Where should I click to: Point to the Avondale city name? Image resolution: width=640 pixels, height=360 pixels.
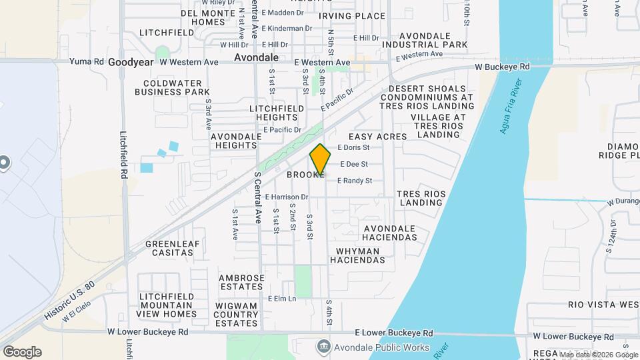(x=255, y=58)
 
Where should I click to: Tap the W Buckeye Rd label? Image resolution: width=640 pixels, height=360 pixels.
(x=502, y=67)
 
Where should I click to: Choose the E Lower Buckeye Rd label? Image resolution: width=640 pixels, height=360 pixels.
(x=394, y=333)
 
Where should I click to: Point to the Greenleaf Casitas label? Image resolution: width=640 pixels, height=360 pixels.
(x=172, y=248)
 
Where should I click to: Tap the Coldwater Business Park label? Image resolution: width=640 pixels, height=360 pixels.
(x=172, y=87)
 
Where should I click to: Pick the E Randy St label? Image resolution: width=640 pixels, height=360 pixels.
(x=363, y=181)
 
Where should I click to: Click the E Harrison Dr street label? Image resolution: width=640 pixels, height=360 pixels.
(x=287, y=197)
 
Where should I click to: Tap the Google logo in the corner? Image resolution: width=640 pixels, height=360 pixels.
(x=22, y=352)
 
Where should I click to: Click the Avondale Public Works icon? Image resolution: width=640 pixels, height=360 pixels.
(x=324, y=346)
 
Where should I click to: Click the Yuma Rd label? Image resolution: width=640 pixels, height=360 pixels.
(x=89, y=61)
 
